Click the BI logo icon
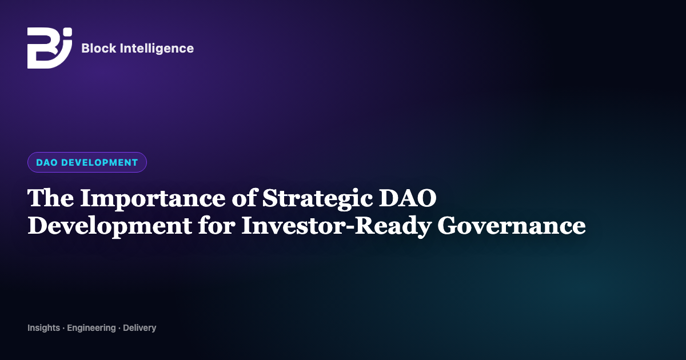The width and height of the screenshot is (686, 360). click(50, 48)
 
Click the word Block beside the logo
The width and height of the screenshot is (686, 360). click(98, 48)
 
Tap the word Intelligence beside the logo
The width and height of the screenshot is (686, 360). click(157, 49)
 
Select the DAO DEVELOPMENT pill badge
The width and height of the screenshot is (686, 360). click(87, 162)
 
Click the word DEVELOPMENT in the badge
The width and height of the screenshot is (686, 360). click(99, 162)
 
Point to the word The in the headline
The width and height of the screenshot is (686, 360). click(50, 198)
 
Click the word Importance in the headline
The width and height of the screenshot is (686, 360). click(153, 199)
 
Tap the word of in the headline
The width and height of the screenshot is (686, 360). click(244, 198)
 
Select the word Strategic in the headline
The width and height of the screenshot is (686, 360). click(317, 199)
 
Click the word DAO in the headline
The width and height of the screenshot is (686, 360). click(408, 198)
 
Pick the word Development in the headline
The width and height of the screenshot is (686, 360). click(110, 227)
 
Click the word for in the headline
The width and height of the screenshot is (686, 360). click(217, 225)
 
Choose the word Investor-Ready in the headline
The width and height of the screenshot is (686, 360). click(336, 227)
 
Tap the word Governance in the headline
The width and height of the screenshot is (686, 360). click(512, 226)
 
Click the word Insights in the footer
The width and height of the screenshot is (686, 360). click(43, 328)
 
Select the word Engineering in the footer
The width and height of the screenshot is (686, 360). click(91, 328)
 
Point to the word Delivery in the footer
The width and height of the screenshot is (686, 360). click(139, 328)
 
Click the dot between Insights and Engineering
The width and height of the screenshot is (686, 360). click(63, 329)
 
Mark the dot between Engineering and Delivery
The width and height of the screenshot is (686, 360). click(119, 329)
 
